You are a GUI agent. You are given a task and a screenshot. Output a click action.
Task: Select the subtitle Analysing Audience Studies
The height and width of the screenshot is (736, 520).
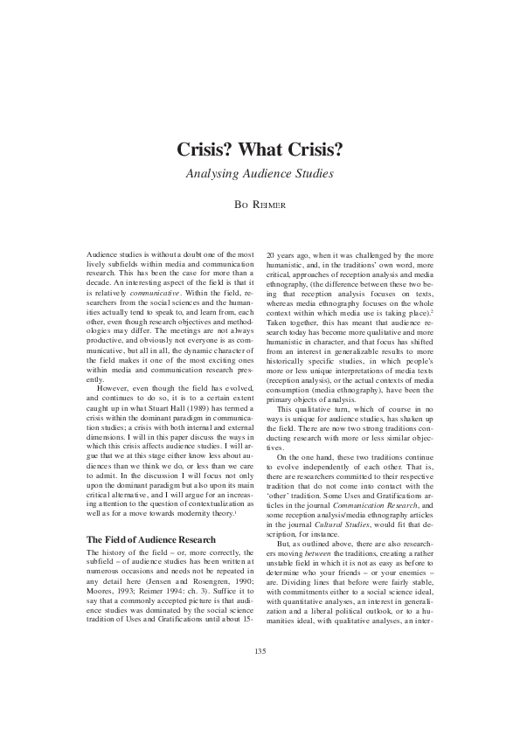(260, 173)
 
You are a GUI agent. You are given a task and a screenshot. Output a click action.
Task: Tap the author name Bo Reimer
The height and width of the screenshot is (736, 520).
(260, 207)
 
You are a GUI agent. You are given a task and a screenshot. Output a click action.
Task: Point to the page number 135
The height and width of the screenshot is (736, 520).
(260, 677)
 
